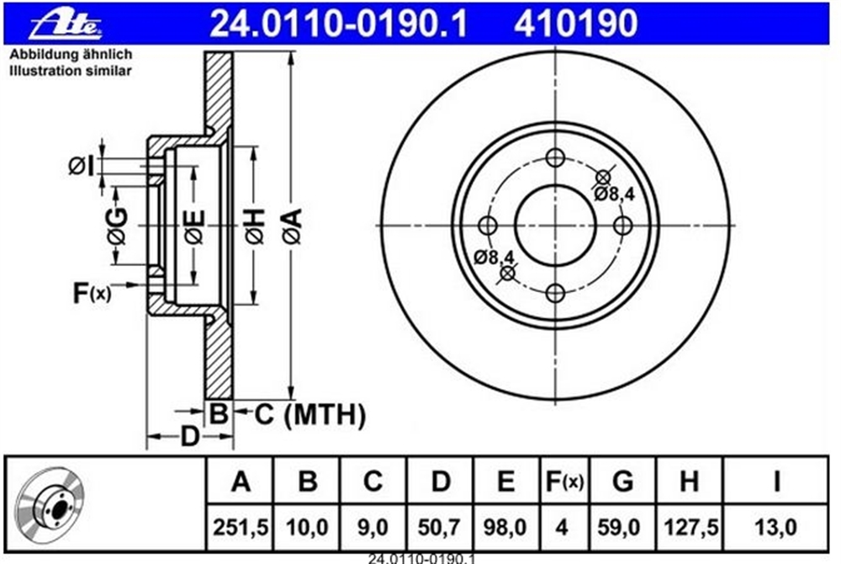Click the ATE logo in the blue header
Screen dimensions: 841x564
pyautogui.click(x=66, y=24)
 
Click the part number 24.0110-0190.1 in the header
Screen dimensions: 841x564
pyautogui.click(x=338, y=24)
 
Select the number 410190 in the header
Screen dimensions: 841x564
pyautogui.click(x=575, y=24)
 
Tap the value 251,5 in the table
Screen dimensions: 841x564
pyautogui.click(x=241, y=528)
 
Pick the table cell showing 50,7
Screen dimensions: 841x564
pyautogui.click(x=440, y=528)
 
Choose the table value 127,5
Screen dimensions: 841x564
pyautogui.click(x=690, y=528)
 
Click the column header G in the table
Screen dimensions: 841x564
pyautogui.click(x=622, y=481)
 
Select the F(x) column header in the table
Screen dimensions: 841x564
pyautogui.click(x=563, y=482)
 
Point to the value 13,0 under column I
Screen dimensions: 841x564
pyautogui.click(x=775, y=528)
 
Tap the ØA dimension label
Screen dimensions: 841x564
pyautogui.click(x=293, y=226)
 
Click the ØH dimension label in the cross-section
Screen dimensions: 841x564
pyautogui.click(x=256, y=226)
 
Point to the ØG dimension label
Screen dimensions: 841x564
pyautogui.click(x=118, y=226)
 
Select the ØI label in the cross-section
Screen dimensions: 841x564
pyautogui.click(x=81, y=167)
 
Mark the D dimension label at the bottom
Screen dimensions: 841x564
pyautogui.click(x=189, y=436)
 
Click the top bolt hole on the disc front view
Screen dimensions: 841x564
pyautogui.click(x=555, y=157)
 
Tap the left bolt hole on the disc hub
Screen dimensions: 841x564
pyautogui.click(x=488, y=226)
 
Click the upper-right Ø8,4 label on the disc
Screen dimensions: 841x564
pyautogui.click(x=614, y=193)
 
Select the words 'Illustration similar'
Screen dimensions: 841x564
pyautogui.click(x=71, y=71)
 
